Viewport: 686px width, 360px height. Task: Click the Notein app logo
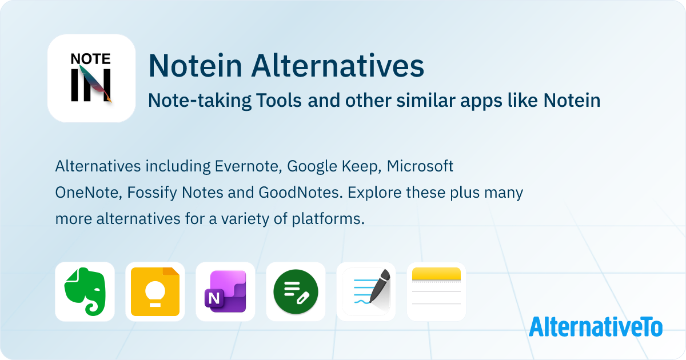pyautogui.click(x=91, y=78)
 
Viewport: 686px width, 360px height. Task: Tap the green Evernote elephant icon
pyautogui.click(x=85, y=291)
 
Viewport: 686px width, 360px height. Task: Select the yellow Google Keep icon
pyautogui.click(x=155, y=291)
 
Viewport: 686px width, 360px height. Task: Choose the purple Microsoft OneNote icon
pyautogui.click(x=225, y=291)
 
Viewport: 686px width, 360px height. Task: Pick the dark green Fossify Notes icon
pyautogui.click(x=296, y=291)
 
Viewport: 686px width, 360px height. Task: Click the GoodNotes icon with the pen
pyautogui.click(x=366, y=291)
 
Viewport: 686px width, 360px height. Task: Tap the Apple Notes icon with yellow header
pyautogui.click(x=436, y=291)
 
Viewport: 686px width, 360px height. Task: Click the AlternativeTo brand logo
pyautogui.click(x=596, y=326)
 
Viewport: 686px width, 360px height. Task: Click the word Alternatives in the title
pyautogui.click(x=338, y=66)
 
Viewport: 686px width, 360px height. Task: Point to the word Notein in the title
pyautogui.click(x=196, y=66)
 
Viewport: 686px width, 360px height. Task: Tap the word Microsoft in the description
pyautogui.click(x=420, y=166)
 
